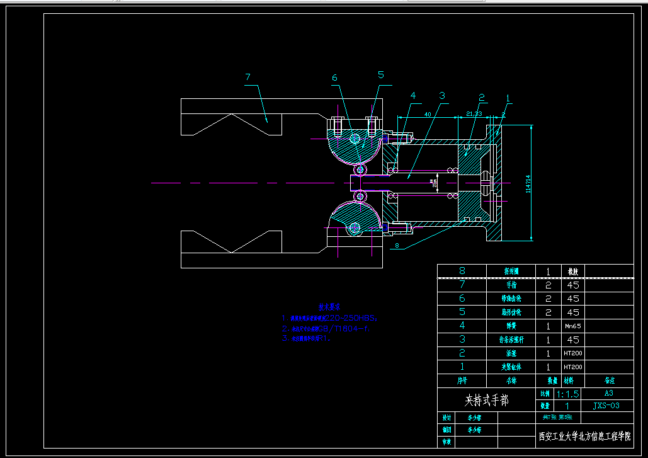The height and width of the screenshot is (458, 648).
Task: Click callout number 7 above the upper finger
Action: click(x=248, y=77)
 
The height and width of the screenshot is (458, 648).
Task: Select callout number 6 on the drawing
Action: click(x=335, y=78)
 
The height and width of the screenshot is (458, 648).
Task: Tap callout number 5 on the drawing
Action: click(x=381, y=75)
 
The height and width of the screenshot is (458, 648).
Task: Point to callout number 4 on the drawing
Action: click(x=413, y=96)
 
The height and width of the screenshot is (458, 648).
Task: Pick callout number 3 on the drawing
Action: click(x=442, y=96)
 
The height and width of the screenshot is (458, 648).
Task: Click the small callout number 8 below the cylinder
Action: click(x=397, y=244)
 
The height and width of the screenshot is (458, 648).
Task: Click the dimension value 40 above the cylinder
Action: click(x=427, y=114)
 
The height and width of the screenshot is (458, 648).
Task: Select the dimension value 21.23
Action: click(x=474, y=113)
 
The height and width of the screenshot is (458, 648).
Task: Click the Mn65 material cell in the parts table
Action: click(x=572, y=326)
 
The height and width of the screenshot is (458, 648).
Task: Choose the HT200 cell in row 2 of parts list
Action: click(x=572, y=353)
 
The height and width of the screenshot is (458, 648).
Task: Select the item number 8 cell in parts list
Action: click(x=462, y=271)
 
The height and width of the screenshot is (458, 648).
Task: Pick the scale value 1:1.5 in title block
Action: click(x=567, y=394)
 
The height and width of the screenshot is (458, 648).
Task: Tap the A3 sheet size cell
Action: click(x=609, y=393)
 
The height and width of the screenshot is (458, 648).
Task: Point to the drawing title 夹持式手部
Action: click(x=486, y=399)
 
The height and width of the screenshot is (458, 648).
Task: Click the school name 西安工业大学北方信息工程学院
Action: click(x=584, y=436)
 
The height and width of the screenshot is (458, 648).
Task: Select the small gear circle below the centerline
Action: click(x=360, y=197)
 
